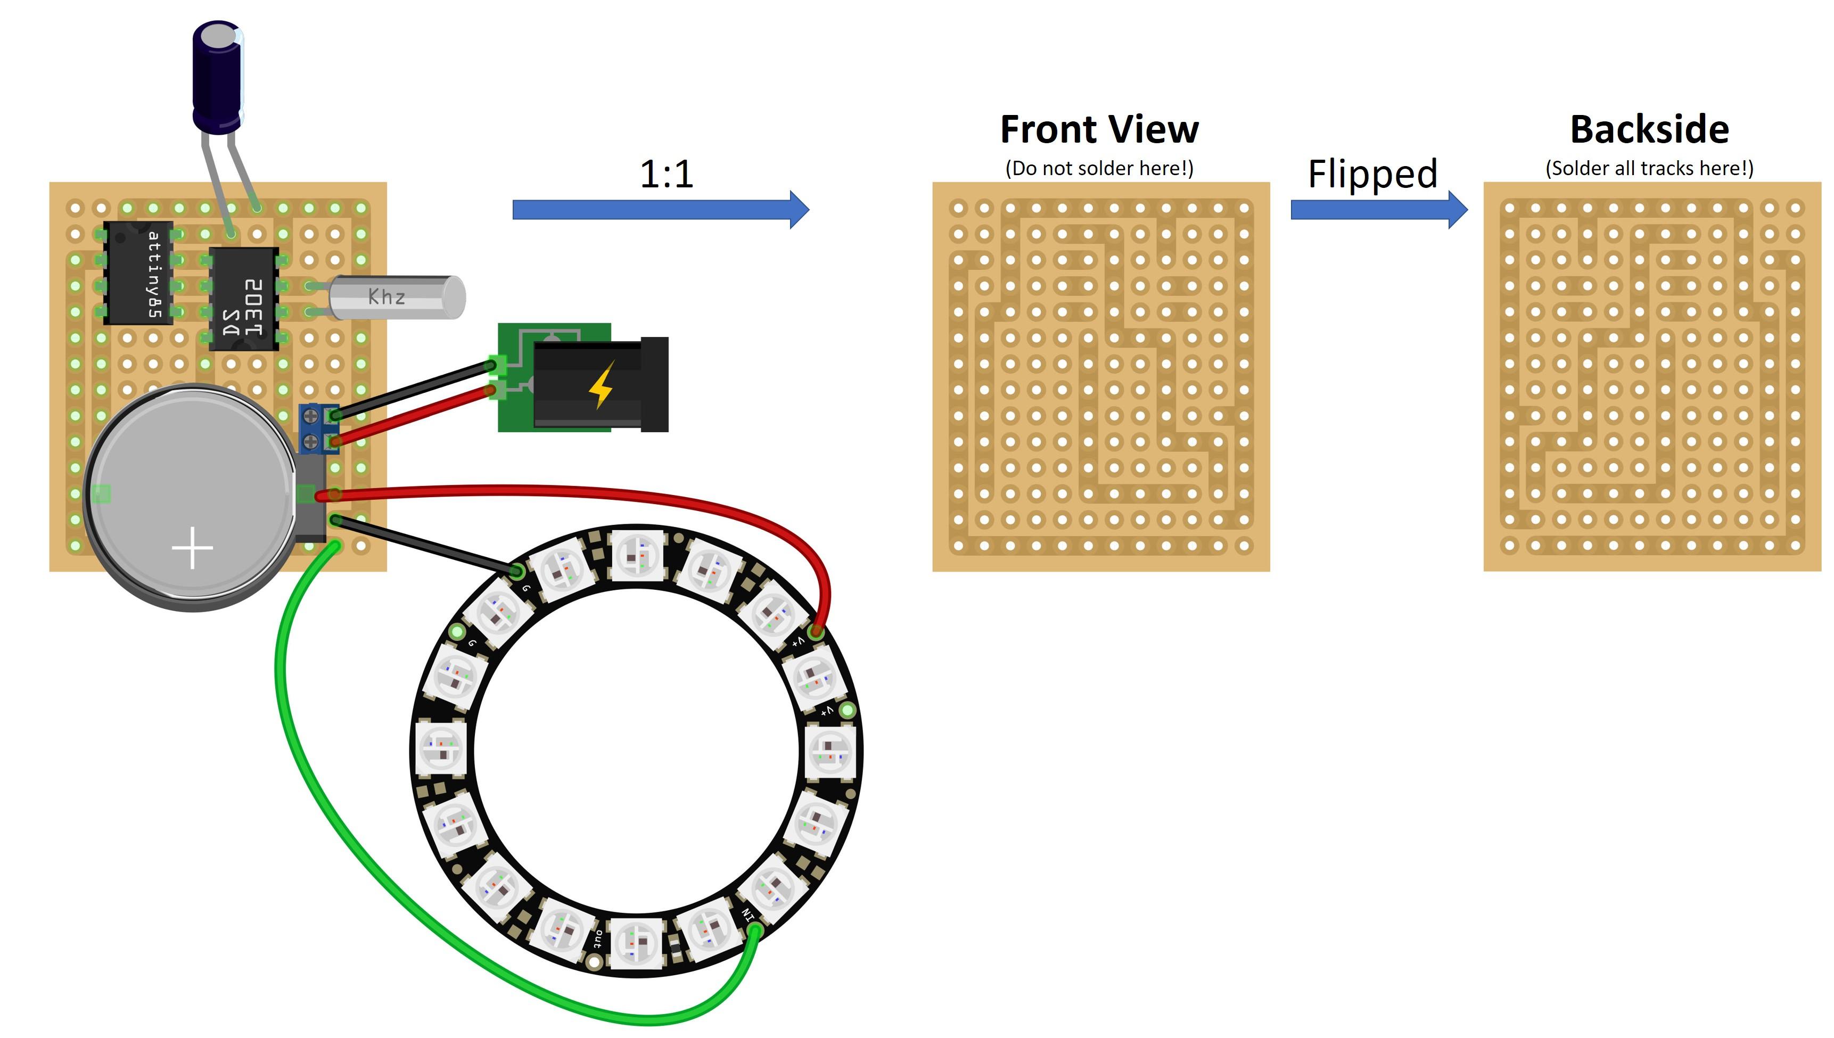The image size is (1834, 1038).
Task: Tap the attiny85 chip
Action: tap(139, 273)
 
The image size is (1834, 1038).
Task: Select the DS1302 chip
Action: tap(244, 299)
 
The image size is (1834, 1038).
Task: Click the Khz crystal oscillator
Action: tap(396, 296)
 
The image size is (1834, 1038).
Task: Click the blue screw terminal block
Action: tap(311, 428)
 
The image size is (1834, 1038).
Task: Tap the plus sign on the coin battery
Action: tap(193, 548)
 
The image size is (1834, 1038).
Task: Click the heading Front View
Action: tap(1099, 130)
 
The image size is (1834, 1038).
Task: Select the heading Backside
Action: tap(1649, 130)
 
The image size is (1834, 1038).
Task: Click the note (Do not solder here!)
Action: tap(1099, 168)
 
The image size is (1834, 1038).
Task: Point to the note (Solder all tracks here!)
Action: tap(1649, 168)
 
